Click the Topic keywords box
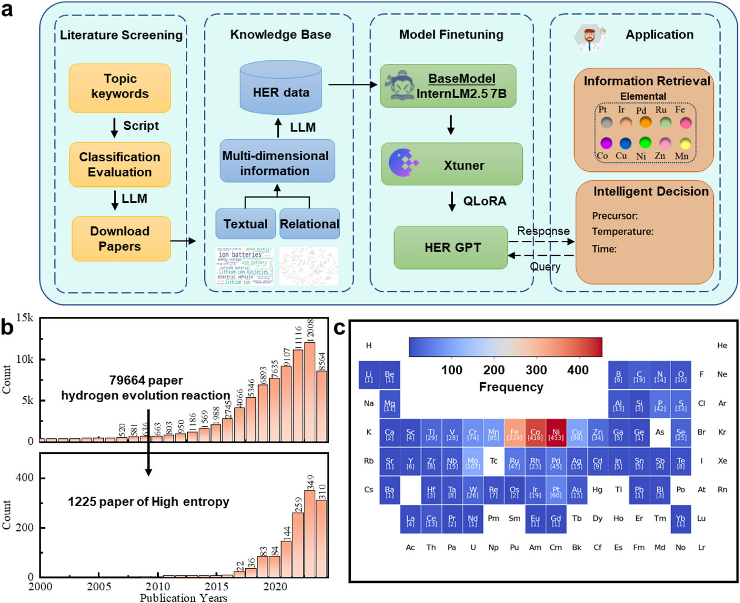[119, 87]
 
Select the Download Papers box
[120, 239]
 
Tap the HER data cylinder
[281, 89]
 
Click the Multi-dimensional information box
[276, 162]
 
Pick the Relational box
[309, 224]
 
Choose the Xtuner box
[451, 164]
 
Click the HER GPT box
[451, 247]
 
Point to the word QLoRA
[485, 201]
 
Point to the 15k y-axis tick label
[24, 318]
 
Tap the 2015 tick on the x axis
[217, 586]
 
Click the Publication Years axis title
[183, 597]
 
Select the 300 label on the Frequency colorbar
[536, 370]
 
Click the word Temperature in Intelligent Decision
[622, 231]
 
